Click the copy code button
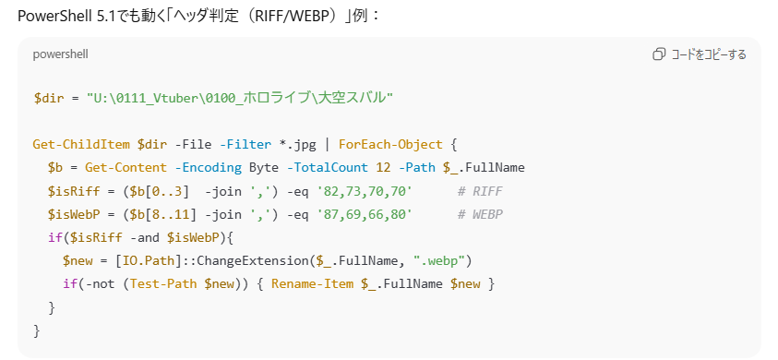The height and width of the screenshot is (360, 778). coord(700,54)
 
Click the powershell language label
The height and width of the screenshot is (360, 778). coord(61,54)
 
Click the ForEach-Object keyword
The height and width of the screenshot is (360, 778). coord(390,145)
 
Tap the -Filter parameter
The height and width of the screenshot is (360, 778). coord(245,145)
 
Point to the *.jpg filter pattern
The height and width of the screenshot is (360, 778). coord(298,145)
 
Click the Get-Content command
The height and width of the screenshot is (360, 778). coord(126,168)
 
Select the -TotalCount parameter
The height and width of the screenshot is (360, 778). coord(328,168)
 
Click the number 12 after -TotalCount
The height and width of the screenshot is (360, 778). coord(384,168)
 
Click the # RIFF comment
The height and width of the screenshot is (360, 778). coord(480,191)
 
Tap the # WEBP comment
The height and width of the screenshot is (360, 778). coord(480,214)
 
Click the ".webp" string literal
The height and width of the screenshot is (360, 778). coord(438,261)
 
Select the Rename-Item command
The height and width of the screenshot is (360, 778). coord(313,284)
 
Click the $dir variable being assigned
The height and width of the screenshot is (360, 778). coord(49,98)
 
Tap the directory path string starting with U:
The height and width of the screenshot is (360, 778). coord(240,98)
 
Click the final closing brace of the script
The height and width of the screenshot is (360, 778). coord(36,330)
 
